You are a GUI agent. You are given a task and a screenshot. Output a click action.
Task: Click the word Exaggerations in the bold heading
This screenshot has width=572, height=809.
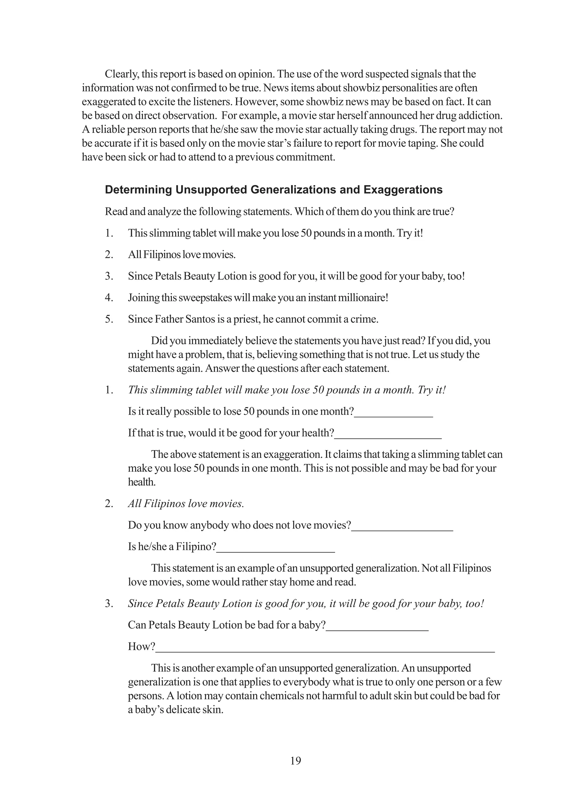(402, 190)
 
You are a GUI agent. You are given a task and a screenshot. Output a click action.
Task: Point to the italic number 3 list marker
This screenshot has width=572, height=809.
(109, 604)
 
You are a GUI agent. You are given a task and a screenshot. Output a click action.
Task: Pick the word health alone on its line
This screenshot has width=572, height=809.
(142, 482)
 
